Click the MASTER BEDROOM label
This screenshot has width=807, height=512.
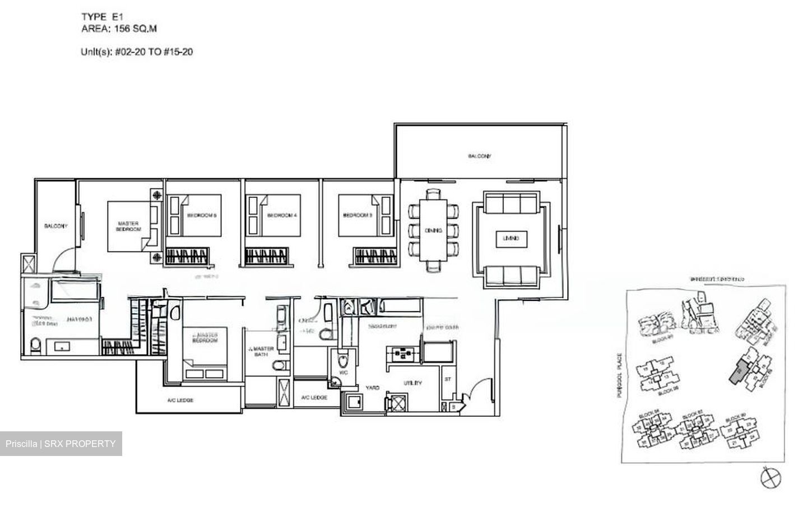tap(128, 226)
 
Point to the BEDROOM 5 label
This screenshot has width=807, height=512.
tap(202, 215)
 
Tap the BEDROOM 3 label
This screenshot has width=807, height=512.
tap(358, 215)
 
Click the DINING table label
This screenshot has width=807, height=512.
tap(433, 230)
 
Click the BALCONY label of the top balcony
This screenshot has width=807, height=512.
tap(479, 156)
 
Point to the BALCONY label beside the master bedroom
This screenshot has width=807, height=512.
tap(56, 226)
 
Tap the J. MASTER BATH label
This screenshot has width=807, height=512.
tap(262, 351)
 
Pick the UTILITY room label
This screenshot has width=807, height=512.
tap(412, 383)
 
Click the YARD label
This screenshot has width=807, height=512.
tap(373, 388)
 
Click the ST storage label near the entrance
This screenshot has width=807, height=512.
tap(448, 379)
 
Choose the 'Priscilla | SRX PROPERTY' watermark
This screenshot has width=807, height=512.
tap(61, 444)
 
